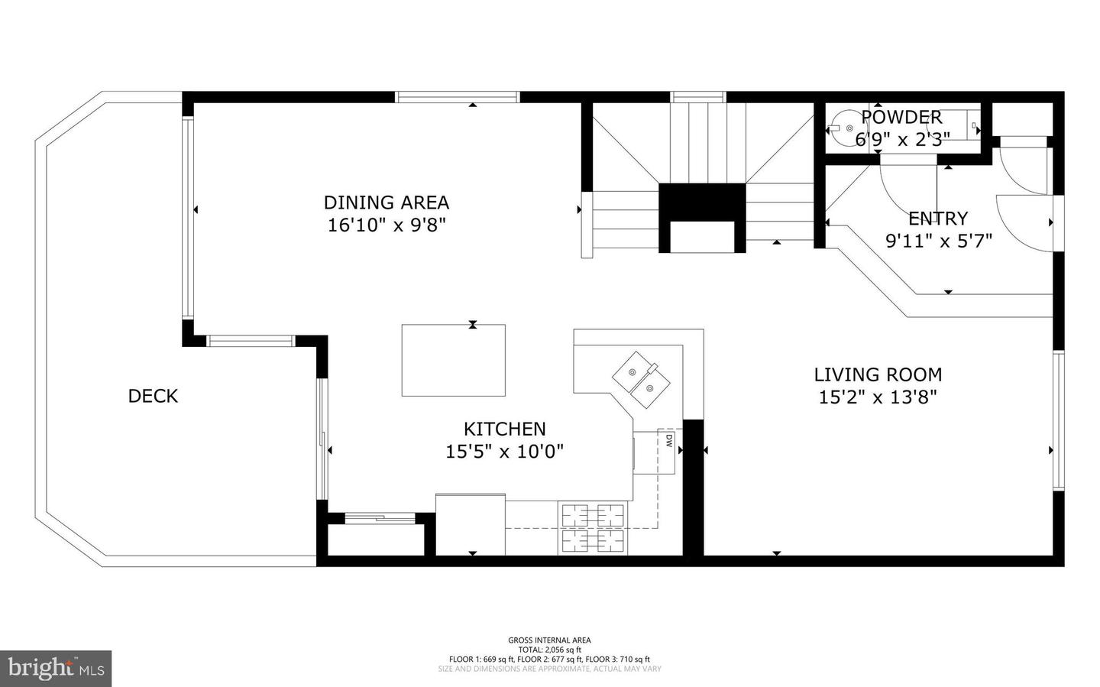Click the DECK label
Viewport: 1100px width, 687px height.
[153, 396]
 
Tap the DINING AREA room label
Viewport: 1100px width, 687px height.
[386, 203]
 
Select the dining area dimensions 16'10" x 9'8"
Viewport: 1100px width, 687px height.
[386, 225]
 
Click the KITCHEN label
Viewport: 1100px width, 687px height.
[505, 429]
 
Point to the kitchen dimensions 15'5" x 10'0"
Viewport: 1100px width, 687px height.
[505, 452]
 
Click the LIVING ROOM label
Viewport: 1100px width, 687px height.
[878, 374]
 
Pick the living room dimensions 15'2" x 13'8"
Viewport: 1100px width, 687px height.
[878, 397]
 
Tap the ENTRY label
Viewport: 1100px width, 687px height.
[938, 219]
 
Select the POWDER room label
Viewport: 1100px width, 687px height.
[901, 117]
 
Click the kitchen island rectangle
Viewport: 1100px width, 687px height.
[454, 360]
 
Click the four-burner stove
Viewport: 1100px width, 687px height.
[594, 528]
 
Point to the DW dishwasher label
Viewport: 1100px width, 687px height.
[668, 440]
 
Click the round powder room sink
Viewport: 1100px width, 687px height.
[845, 128]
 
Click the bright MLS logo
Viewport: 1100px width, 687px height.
[56, 669]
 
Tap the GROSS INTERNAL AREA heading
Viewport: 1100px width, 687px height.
[549, 640]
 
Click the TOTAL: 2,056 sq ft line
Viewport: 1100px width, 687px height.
[549, 650]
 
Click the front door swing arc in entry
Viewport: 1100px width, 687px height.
[1024, 223]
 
